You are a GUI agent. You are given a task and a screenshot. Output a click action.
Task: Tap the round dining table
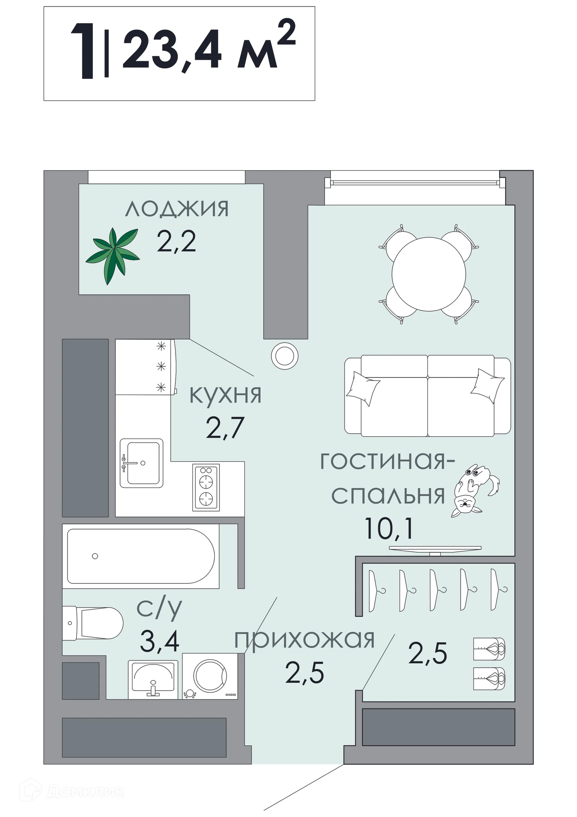(x=429, y=274)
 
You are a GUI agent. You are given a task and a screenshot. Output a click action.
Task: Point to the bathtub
(x=141, y=556)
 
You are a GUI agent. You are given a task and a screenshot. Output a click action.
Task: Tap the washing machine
(x=210, y=676)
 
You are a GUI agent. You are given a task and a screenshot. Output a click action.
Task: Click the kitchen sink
(x=142, y=462)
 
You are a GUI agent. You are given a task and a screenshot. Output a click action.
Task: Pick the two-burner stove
(x=206, y=487)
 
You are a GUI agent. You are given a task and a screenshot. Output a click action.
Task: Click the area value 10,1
(x=389, y=528)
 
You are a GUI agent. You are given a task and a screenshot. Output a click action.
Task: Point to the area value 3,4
(x=159, y=641)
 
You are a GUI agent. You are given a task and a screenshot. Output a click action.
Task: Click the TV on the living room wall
(x=435, y=548)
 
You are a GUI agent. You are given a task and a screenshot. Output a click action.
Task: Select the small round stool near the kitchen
(x=284, y=355)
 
